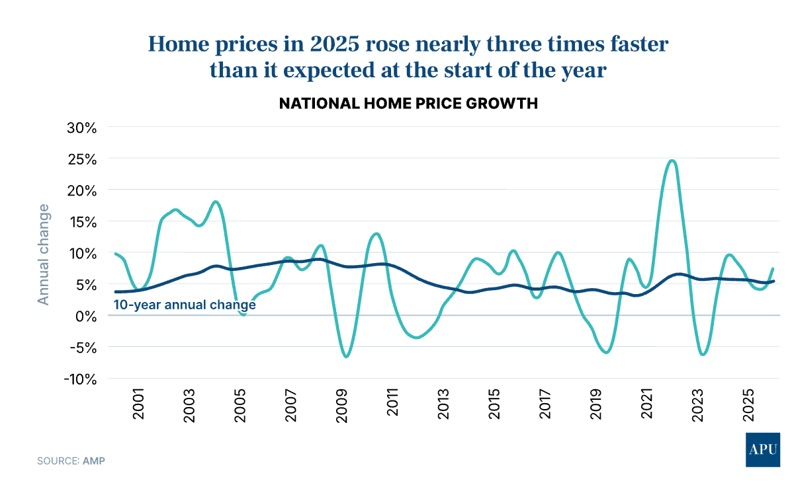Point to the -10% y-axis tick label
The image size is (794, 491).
click(80, 379)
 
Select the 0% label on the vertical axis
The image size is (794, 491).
click(88, 316)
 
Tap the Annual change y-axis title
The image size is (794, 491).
click(44, 254)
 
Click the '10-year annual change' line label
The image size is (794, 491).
click(185, 305)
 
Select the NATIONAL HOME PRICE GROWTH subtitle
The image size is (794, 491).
click(408, 104)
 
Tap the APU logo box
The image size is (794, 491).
click(762, 450)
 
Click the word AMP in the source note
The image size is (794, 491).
click(94, 460)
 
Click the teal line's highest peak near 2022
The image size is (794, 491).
click(672, 160)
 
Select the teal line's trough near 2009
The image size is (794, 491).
click(346, 357)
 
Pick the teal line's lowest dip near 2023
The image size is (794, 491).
click(703, 354)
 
